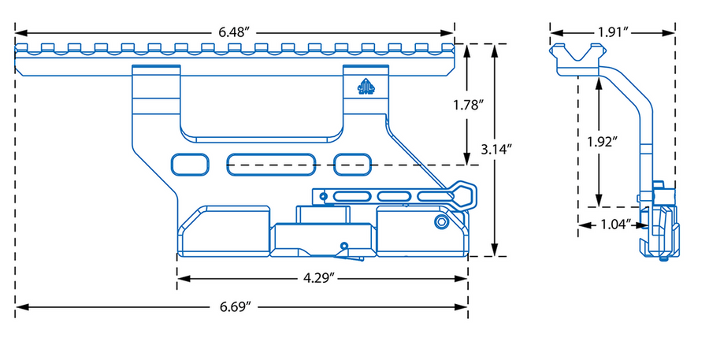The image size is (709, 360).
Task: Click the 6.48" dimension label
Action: (x=235, y=33)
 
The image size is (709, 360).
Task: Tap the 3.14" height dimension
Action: (x=495, y=148)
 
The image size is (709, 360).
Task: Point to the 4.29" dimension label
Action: (x=321, y=277)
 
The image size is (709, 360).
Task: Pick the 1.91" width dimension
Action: (x=613, y=33)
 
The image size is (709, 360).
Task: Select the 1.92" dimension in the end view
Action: (x=601, y=142)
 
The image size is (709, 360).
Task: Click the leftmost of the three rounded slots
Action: (x=190, y=164)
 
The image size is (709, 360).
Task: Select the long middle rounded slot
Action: (x=273, y=165)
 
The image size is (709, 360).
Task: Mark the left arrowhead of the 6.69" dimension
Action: (x=20, y=306)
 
